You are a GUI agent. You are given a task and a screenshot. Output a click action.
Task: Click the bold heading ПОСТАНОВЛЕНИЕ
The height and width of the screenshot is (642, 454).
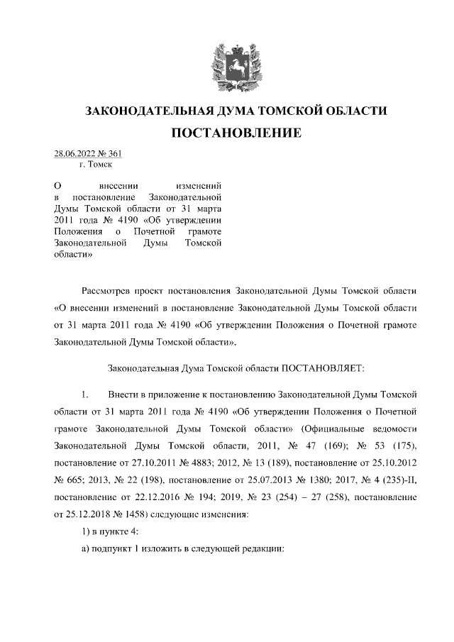(227, 133)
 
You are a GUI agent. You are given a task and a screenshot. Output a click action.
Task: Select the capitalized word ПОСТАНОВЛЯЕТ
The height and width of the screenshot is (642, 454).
(322, 368)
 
